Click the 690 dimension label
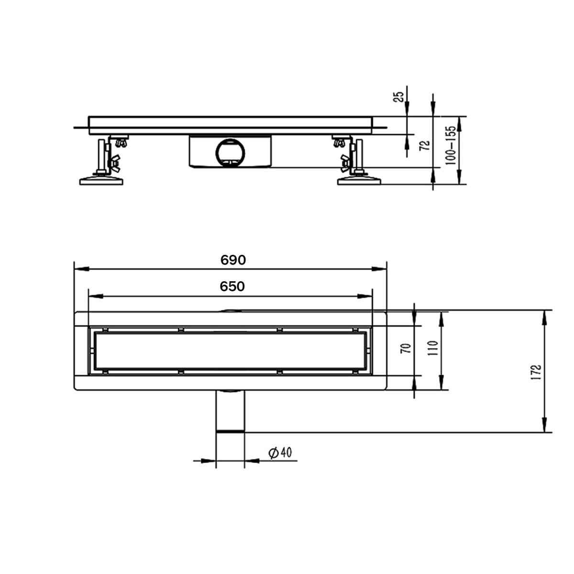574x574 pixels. point(233,260)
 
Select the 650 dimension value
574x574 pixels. point(232,287)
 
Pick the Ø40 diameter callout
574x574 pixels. point(280,453)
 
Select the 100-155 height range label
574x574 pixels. point(451,145)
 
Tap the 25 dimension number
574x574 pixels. point(399,97)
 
